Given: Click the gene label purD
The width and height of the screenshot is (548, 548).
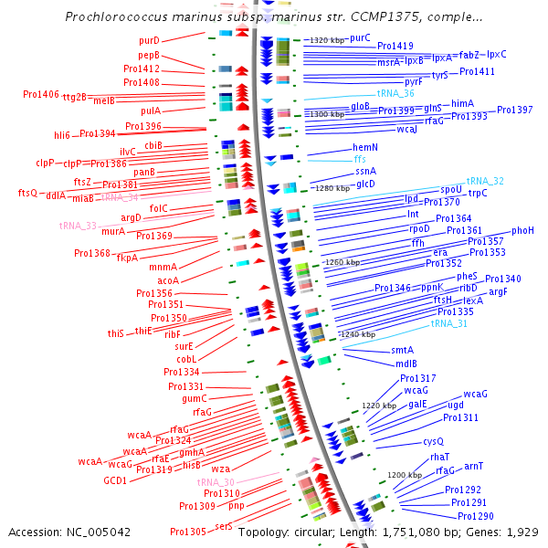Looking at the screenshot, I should (x=149, y=40).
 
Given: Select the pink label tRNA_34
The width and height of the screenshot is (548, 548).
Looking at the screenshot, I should (x=120, y=196).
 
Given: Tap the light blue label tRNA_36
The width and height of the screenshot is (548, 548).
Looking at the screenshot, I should (x=395, y=93).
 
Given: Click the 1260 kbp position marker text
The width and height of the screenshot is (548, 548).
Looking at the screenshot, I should (x=342, y=261).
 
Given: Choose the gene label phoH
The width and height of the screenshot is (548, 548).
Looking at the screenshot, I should (x=523, y=230).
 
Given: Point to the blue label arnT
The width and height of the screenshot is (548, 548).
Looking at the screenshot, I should (x=473, y=466).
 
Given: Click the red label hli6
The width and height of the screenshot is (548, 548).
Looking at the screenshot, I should (x=62, y=134).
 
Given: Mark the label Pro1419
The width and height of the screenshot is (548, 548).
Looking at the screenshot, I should (x=395, y=46).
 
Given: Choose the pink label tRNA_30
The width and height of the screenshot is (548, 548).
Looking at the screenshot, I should (x=216, y=481).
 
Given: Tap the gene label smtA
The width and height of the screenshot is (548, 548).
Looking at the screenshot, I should (x=403, y=350).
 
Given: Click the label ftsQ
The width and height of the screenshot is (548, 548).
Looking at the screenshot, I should (x=27, y=193).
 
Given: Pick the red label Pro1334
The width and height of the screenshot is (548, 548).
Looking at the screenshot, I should (x=182, y=372).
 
